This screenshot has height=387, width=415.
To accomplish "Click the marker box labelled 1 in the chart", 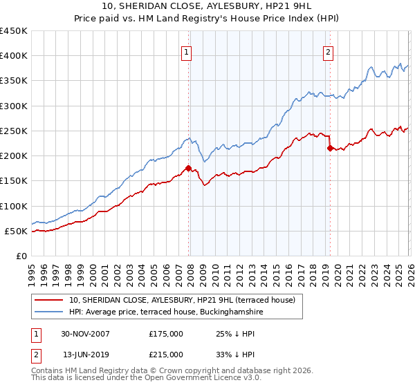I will (x=187, y=50).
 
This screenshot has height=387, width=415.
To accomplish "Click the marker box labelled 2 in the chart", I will (x=328, y=50).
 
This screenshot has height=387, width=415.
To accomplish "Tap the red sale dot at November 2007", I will (x=188, y=168).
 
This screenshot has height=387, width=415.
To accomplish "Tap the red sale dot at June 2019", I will (x=329, y=148).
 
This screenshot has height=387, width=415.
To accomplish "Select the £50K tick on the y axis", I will (x=16, y=231).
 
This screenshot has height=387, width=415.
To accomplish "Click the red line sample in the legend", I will (x=49, y=300).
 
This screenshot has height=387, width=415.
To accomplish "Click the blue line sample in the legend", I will (x=49, y=312).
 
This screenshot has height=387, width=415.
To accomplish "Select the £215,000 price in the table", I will (x=166, y=355).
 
